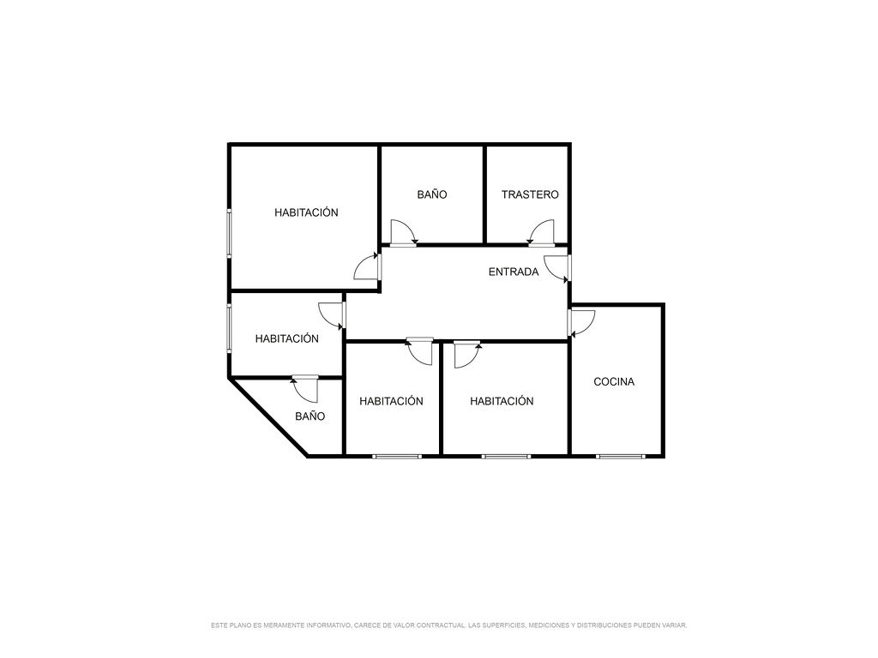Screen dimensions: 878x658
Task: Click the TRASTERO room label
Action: point(530,194)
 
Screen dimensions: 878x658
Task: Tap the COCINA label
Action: point(614,381)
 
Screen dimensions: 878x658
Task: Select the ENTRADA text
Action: point(514,272)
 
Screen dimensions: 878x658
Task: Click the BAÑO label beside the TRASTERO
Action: point(432,194)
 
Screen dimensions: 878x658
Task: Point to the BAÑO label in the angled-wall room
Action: point(310,416)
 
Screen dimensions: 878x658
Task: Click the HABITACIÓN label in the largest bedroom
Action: point(306,212)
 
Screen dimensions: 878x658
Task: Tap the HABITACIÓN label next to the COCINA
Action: point(502,401)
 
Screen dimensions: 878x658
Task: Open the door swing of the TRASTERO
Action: point(542,232)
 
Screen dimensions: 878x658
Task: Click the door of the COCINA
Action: point(581,323)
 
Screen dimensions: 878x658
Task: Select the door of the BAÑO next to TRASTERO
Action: point(403,232)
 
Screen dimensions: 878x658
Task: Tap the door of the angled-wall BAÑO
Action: point(304,389)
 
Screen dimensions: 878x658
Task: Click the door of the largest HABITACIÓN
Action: point(367,266)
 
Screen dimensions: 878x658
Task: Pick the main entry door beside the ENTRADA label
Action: point(557,269)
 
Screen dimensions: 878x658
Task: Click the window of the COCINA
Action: point(621,457)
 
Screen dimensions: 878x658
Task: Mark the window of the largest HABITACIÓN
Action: point(229,233)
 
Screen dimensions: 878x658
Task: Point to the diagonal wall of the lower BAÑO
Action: point(268,417)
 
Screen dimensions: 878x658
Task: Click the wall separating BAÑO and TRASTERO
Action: point(484,194)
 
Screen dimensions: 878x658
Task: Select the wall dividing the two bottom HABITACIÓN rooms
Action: point(442,398)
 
